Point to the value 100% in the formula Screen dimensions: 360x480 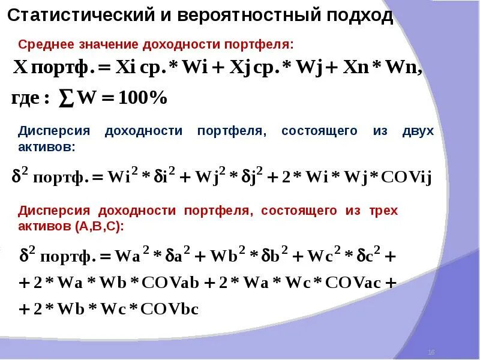(x=144, y=98)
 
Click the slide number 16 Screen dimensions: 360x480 (x=431, y=351)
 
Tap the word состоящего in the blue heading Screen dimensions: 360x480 (x=319, y=131)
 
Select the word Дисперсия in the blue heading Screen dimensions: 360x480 (x=54, y=131)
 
